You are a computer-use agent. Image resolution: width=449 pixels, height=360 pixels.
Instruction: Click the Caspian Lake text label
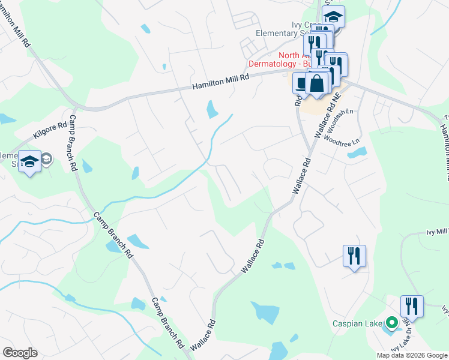pyautogui.click(x=358, y=324)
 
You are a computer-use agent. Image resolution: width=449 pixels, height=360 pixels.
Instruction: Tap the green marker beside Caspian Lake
pyautogui.click(x=393, y=324)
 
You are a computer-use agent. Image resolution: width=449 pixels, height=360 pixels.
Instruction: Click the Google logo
pyautogui.click(x=20, y=353)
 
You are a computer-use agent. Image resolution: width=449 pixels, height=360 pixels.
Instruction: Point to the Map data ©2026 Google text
pyautogui.click(x=412, y=355)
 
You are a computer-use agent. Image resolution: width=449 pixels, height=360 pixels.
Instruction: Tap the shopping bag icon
pyautogui.click(x=316, y=83)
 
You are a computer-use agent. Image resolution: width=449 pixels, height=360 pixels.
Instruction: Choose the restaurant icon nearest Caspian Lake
pyautogui.click(x=412, y=305)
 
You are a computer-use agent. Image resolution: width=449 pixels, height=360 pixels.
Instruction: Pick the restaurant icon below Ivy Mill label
pyautogui.click(x=354, y=256)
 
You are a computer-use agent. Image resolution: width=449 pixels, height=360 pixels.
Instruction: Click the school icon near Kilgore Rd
pyautogui.click(x=29, y=161)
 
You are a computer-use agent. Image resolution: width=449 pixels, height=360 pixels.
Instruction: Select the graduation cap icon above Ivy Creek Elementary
pyautogui.click(x=334, y=17)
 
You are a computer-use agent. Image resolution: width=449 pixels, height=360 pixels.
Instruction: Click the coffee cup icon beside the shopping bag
pyautogui.click(x=301, y=83)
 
